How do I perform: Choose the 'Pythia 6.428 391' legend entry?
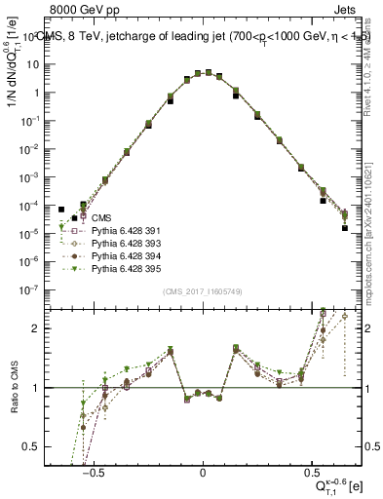tap(126, 230)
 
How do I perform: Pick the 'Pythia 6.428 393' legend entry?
tap(126, 243)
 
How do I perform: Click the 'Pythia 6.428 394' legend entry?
tap(126, 255)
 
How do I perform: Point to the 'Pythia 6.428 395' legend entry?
tap(126, 268)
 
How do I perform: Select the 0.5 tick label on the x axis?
tap(312, 469)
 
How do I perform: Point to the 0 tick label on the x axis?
tap(203, 469)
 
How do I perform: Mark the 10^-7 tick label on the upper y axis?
tap(33, 289)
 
